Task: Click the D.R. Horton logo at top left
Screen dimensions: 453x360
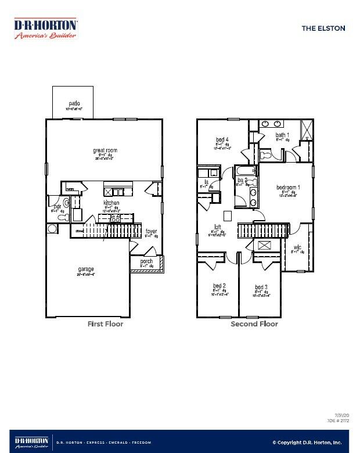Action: point(46,28)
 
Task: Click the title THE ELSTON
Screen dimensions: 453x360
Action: point(323,28)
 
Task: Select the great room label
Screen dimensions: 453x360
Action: point(105,150)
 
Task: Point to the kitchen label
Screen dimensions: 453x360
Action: point(111,203)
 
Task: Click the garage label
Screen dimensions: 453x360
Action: point(86,269)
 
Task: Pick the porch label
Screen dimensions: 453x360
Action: point(146,261)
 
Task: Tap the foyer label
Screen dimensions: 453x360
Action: point(151,231)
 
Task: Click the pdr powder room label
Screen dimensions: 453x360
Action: point(57,207)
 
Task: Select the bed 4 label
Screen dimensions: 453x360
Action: point(222,139)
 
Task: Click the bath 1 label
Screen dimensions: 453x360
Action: point(282,135)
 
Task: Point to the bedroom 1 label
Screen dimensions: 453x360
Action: point(288,187)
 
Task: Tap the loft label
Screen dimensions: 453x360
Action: point(217,227)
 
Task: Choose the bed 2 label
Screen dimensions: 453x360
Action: point(219,286)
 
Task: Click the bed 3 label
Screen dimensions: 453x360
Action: point(261,287)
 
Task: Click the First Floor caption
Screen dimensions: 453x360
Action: point(105,324)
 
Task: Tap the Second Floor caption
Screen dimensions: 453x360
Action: point(254,324)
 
